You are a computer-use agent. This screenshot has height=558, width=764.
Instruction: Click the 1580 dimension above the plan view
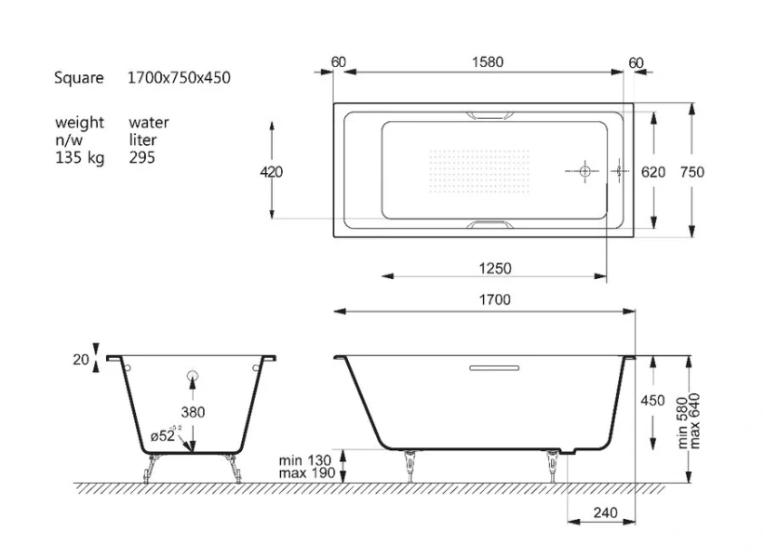coord(488,62)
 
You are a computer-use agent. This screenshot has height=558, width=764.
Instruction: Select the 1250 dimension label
coord(495,269)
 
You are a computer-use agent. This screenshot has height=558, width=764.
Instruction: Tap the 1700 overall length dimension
coord(495,299)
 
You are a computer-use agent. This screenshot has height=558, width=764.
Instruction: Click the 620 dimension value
coord(653,172)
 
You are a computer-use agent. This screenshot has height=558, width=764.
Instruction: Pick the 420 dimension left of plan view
coord(272,172)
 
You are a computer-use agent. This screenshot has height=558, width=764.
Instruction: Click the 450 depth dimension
coord(653,401)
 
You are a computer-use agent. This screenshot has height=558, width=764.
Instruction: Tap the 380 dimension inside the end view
coord(193,411)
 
